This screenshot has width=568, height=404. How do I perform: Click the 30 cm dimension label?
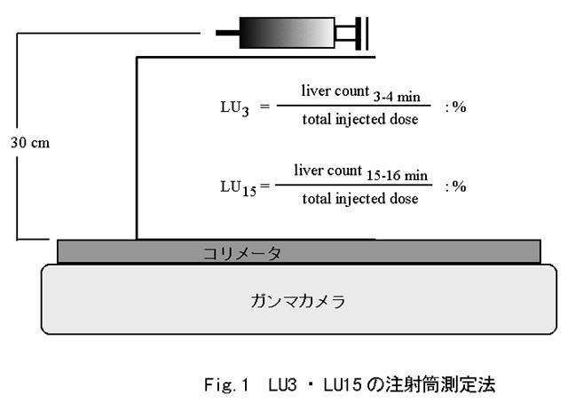(x=31, y=141)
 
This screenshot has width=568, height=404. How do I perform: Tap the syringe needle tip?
(x=218, y=35)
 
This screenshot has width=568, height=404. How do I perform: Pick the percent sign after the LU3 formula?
(x=460, y=107)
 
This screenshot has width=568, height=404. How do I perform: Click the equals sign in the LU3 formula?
(x=264, y=107)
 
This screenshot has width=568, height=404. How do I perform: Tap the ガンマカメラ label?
(x=296, y=300)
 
